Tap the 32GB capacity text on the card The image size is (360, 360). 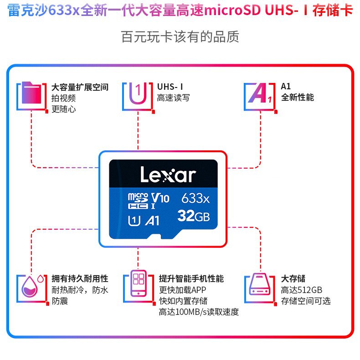click(193, 216)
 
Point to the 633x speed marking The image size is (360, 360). click(195, 198)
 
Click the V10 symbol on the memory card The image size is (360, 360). click(160, 198)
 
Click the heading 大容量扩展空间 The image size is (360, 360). click(80, 87)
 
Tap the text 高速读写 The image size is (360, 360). click(173, 98)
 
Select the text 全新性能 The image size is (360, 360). click(297, 98)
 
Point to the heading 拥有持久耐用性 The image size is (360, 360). click(80, 278)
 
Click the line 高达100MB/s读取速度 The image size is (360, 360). click(199, 312)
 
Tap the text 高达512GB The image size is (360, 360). click(302, 290)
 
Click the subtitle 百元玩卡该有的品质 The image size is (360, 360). click(180, 36)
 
